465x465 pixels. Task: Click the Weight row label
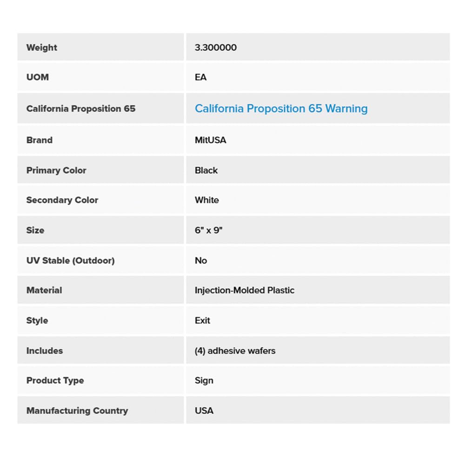click(x=42, y=47)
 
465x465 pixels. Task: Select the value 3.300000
click(x=216, y=47)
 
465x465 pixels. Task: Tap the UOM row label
click(x=38, y=77)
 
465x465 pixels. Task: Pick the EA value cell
click(x=201, y=77)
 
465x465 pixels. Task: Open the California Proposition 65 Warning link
click(x=281, y=108)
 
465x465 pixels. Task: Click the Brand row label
click(x=40, y=140)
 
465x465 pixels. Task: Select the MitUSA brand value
click(x=211, y=140)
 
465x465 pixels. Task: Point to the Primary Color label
click(x=56, y=170)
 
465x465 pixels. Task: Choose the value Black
click(x=206, y=170)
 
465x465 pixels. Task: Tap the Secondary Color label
click(x=62, y=200)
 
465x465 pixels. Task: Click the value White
click(x=207, y=200)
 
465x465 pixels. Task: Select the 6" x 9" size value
click(x=209, y=230)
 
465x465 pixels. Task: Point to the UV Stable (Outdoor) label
click(x=70, y=260)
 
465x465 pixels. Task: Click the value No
click(x=201, y=260)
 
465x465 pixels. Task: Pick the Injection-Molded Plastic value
click(x=245, y=290)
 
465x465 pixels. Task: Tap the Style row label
click(x=37, y=320)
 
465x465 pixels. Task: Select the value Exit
click(x=203, y=320)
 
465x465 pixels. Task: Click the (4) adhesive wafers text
click(x=235, y=351)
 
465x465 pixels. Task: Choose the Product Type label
click(x=55, y=380)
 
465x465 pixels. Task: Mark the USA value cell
click(x=204, y=411)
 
